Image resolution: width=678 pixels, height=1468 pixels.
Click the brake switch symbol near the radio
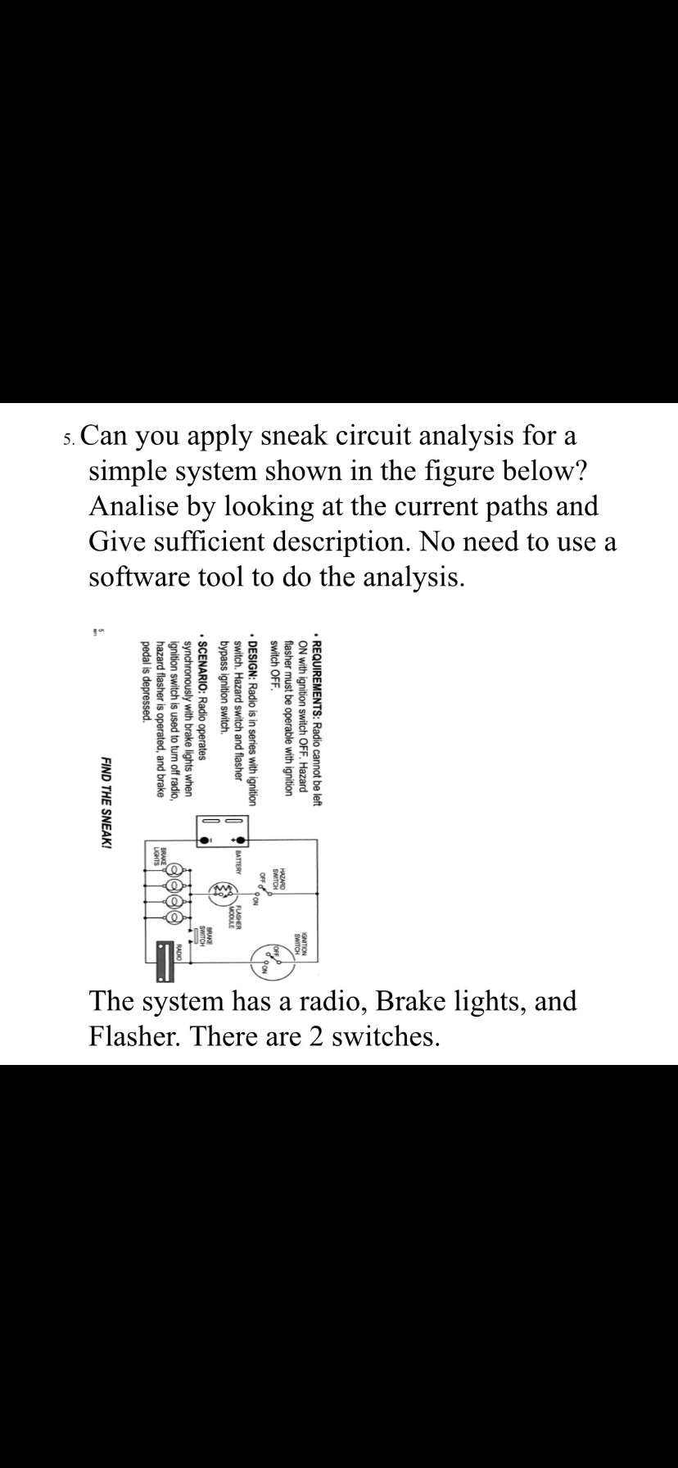pos(196,936)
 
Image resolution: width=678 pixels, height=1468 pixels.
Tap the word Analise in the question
pos(136,506)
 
